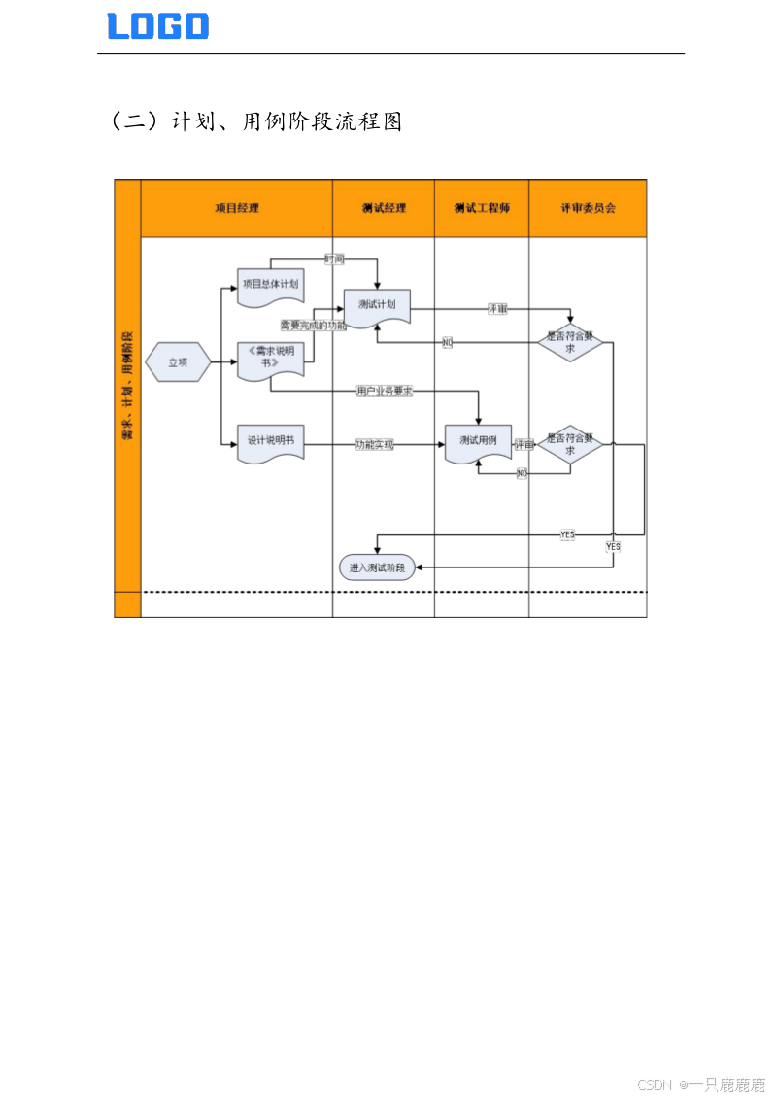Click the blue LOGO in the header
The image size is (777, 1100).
tap(158, 26)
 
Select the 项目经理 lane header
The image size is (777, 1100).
tap(237, 208)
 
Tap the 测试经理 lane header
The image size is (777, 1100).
tap(384, 208)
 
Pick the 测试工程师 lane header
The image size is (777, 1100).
tap(482, 208)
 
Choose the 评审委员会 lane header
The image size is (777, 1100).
tap(588, 208)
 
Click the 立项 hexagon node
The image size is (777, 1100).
tap(178, 362)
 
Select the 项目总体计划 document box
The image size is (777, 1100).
tap(269, 285)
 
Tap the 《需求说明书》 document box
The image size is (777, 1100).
tap(269, 357)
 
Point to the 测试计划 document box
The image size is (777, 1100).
tap(377, 305)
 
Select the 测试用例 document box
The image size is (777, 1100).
tap(478, 442)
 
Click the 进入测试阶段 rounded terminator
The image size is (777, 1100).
tap(377, 567)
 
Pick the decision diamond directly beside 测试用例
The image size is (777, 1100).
tap(570, 445)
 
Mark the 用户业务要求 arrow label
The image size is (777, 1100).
tap(385, 392)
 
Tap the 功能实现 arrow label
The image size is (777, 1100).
tap(375, 444)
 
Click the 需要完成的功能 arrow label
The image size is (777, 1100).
tap(313, 326)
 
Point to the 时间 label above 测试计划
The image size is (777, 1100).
tap(334, 259)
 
